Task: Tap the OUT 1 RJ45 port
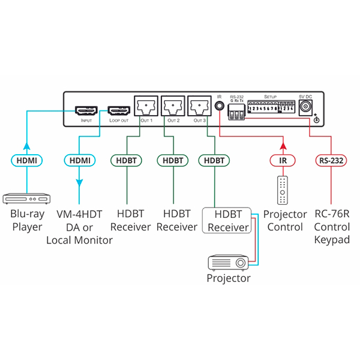146,107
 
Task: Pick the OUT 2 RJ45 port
173,107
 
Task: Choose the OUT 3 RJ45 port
200,107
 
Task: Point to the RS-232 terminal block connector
236,114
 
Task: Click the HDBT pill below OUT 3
214,160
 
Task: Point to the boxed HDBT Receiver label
228,220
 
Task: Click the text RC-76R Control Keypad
332,227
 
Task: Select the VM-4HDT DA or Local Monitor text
79,227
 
